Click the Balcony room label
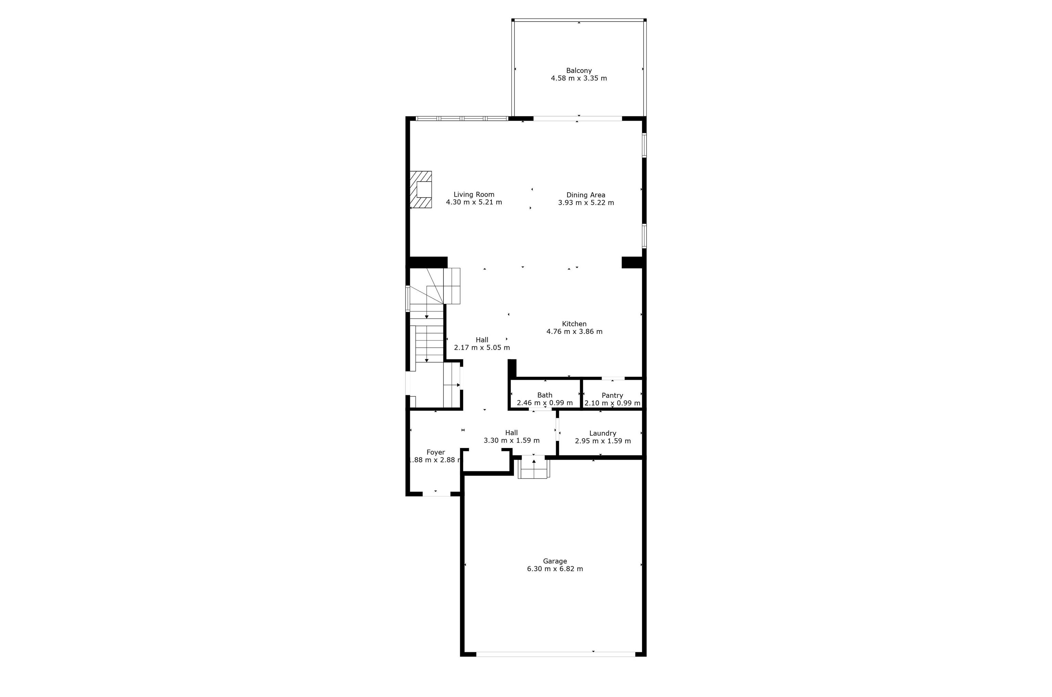(579, 71)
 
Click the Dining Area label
(586, 195)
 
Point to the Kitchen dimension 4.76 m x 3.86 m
(574, 332)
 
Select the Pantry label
(612, 396)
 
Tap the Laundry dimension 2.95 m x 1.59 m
(603, 441)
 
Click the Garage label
(555, 561)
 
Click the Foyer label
(436, 452)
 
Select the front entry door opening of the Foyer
(436, 494)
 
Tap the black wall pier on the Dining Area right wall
(632, 262)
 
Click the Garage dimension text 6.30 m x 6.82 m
(555, 569)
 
